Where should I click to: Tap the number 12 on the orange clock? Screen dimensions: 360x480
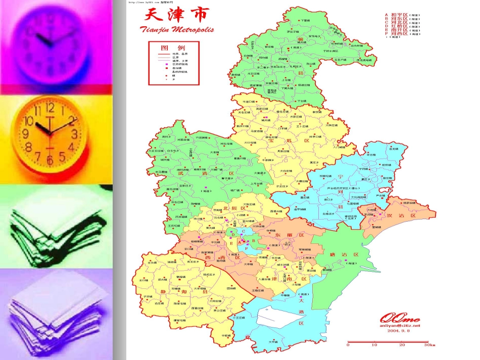[x=50, y=107]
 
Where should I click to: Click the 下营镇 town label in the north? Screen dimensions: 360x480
[x=304, y=21]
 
